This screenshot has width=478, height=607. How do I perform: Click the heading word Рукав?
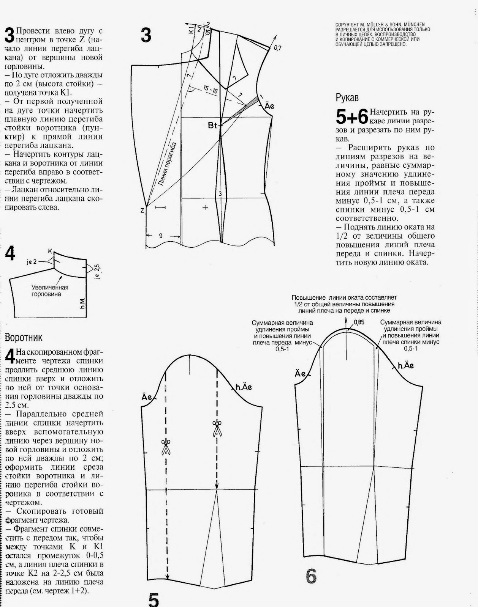(x=347, y=97)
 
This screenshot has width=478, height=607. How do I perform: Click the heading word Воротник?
(x=24, y=337)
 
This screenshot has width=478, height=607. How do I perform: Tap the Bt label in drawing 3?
(x=212, y=125)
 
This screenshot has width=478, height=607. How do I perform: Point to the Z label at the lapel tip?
(x=142, y=210)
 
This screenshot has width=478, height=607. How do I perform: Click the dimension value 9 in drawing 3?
(x=161, y=236)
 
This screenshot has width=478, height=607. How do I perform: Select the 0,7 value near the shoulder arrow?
(x=277, y=48)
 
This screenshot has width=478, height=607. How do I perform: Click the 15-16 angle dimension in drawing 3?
(x=210, y=90)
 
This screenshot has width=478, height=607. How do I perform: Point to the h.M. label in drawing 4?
(x=83, y=302)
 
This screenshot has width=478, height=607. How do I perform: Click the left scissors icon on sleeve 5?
(x=166, y=447)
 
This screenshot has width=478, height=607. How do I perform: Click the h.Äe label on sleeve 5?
(x=244, y=387)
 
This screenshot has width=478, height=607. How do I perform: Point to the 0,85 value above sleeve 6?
(x=359, y=322)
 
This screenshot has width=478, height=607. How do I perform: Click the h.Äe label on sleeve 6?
(x=406, y=366)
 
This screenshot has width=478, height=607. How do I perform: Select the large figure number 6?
(x=311, y=577)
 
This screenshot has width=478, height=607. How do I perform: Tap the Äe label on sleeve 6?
(x=300, y=374)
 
